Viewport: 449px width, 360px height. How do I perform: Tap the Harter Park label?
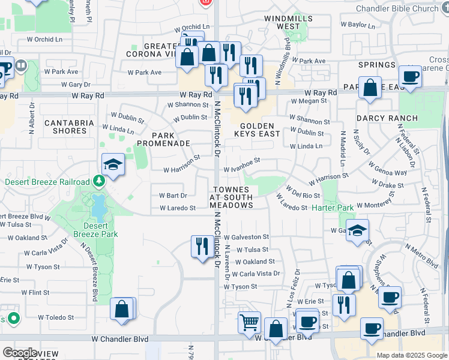(333, 208)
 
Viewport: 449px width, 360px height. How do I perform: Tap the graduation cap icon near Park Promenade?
(112, 166)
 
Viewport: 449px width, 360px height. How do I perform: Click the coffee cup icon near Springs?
(411, 77)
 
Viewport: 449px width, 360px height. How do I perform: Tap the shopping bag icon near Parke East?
(370, 87)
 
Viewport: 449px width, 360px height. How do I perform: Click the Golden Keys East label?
(261, 131)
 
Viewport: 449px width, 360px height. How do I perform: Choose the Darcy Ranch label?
(382, 119)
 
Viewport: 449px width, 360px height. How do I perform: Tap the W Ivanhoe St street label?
(240, 161)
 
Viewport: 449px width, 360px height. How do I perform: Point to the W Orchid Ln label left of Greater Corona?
(44, 39)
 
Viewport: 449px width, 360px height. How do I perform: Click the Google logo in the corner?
(20, 353)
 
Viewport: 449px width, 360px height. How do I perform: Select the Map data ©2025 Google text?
(412, 355)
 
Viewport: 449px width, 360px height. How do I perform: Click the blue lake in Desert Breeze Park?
(97, 208)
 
